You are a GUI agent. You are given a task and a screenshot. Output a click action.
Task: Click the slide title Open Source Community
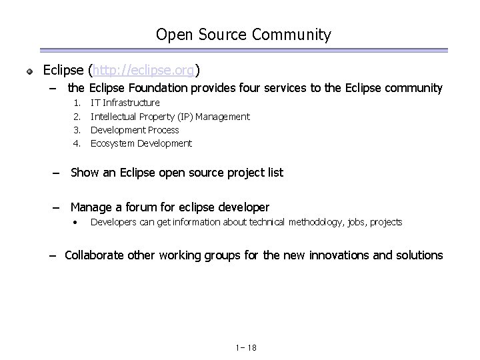point(243,35)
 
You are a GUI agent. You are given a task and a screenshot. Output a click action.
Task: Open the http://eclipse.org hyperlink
point(144,69)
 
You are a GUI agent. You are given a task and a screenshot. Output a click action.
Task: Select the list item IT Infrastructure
point(125,103)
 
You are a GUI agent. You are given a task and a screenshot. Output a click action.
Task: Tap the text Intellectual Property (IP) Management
point(170,117)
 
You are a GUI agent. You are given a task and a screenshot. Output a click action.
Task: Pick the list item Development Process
point(135,130)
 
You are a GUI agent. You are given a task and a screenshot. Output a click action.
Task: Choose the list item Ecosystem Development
point(141,143)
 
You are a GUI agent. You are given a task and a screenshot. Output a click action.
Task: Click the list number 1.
point(77,103)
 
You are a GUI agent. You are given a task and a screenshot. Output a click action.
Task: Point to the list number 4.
point(77,143)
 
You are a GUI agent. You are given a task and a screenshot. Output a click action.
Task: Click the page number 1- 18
point(246,347)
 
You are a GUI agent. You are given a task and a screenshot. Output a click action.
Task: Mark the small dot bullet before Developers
point(77,222)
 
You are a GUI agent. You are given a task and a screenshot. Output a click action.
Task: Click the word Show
point(85,173)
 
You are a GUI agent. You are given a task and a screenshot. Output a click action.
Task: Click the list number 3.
point(77,130)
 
